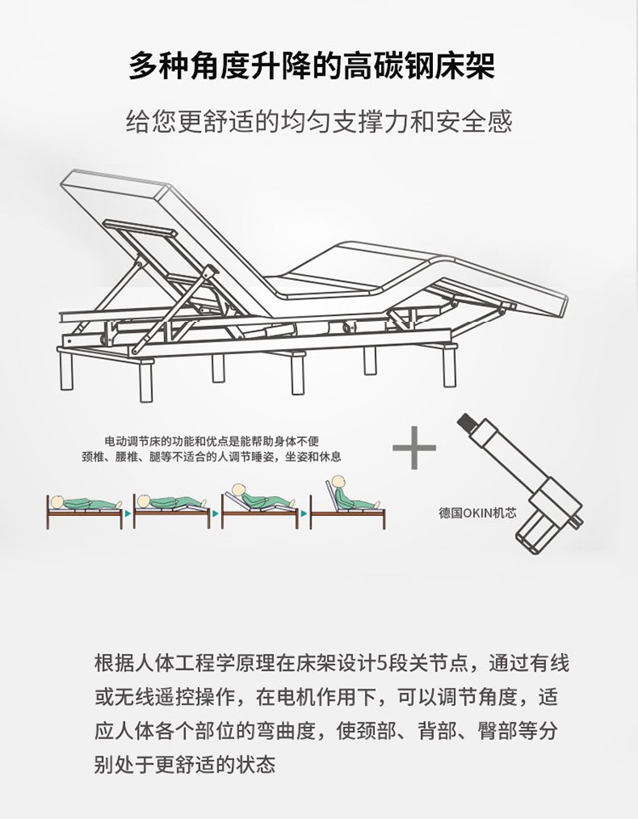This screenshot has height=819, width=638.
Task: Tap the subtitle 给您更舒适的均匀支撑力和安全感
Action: (x=319, y=122)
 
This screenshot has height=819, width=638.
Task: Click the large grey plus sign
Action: (x=414, y=448)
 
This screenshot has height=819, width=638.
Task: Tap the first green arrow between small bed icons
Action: (x=128, y=513)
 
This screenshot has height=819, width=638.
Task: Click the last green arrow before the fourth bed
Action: (x=303, y=513)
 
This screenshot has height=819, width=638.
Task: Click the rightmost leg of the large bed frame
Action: (x=449, y=364)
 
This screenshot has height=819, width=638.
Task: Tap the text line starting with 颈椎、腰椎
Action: (x=212, y=457)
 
